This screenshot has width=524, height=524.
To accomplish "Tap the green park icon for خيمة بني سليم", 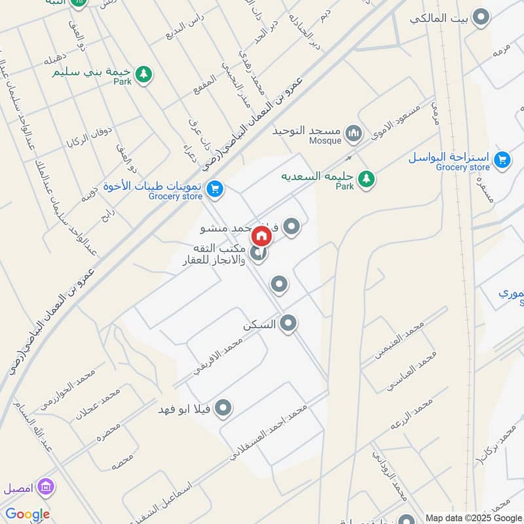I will click(x=143, y=75).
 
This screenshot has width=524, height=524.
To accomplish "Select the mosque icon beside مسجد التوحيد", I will click(x=354, y=134).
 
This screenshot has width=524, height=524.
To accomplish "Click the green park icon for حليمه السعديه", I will click(x=367, y=177).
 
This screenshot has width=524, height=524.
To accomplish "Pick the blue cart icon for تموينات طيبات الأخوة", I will click(x=214, y=190).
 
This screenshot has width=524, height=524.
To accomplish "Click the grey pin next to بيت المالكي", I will click(x=481, y=18).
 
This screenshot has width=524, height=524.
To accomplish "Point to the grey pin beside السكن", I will click(x=288, y=323).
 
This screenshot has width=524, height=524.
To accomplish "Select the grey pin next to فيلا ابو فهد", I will click(x=223, y=409).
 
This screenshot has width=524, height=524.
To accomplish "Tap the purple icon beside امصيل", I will click(x=47, y=487).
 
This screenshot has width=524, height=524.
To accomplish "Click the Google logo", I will click(x=28, y=514).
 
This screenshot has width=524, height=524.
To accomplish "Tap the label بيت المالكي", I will click(x=438, y=18).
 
